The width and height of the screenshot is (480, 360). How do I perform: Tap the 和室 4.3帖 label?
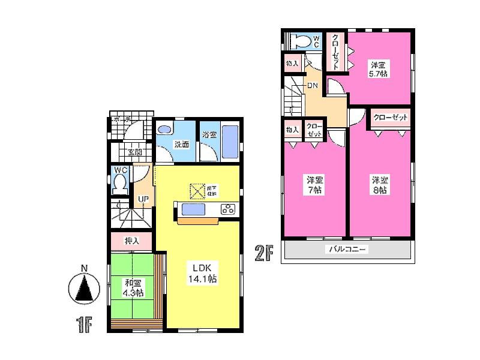pos(133,288)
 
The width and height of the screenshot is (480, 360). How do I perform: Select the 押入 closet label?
pos(131,241)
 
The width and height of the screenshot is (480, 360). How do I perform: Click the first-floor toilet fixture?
pos(121,181)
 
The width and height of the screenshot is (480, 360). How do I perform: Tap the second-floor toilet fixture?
pos(300,41)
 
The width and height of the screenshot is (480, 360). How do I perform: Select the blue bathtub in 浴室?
pos(230,142)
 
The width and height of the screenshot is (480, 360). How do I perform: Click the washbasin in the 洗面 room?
pos(164,130)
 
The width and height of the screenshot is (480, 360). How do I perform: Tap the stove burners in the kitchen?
pos(229,209)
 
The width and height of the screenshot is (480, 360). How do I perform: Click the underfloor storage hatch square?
pos(197,191)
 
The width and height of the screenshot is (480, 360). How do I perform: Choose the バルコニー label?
pos(347,249)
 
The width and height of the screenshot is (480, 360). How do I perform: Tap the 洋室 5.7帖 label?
pos(377,70)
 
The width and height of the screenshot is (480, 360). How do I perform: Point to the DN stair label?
pos(313,86)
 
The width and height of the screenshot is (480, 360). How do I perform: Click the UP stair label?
pos(144,199)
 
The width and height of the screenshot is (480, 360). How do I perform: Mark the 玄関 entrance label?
pos(134,152)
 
